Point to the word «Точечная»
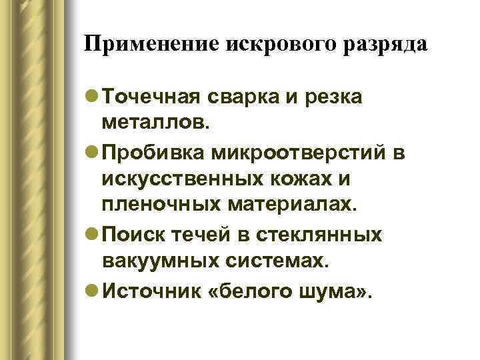pos(153,97)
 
